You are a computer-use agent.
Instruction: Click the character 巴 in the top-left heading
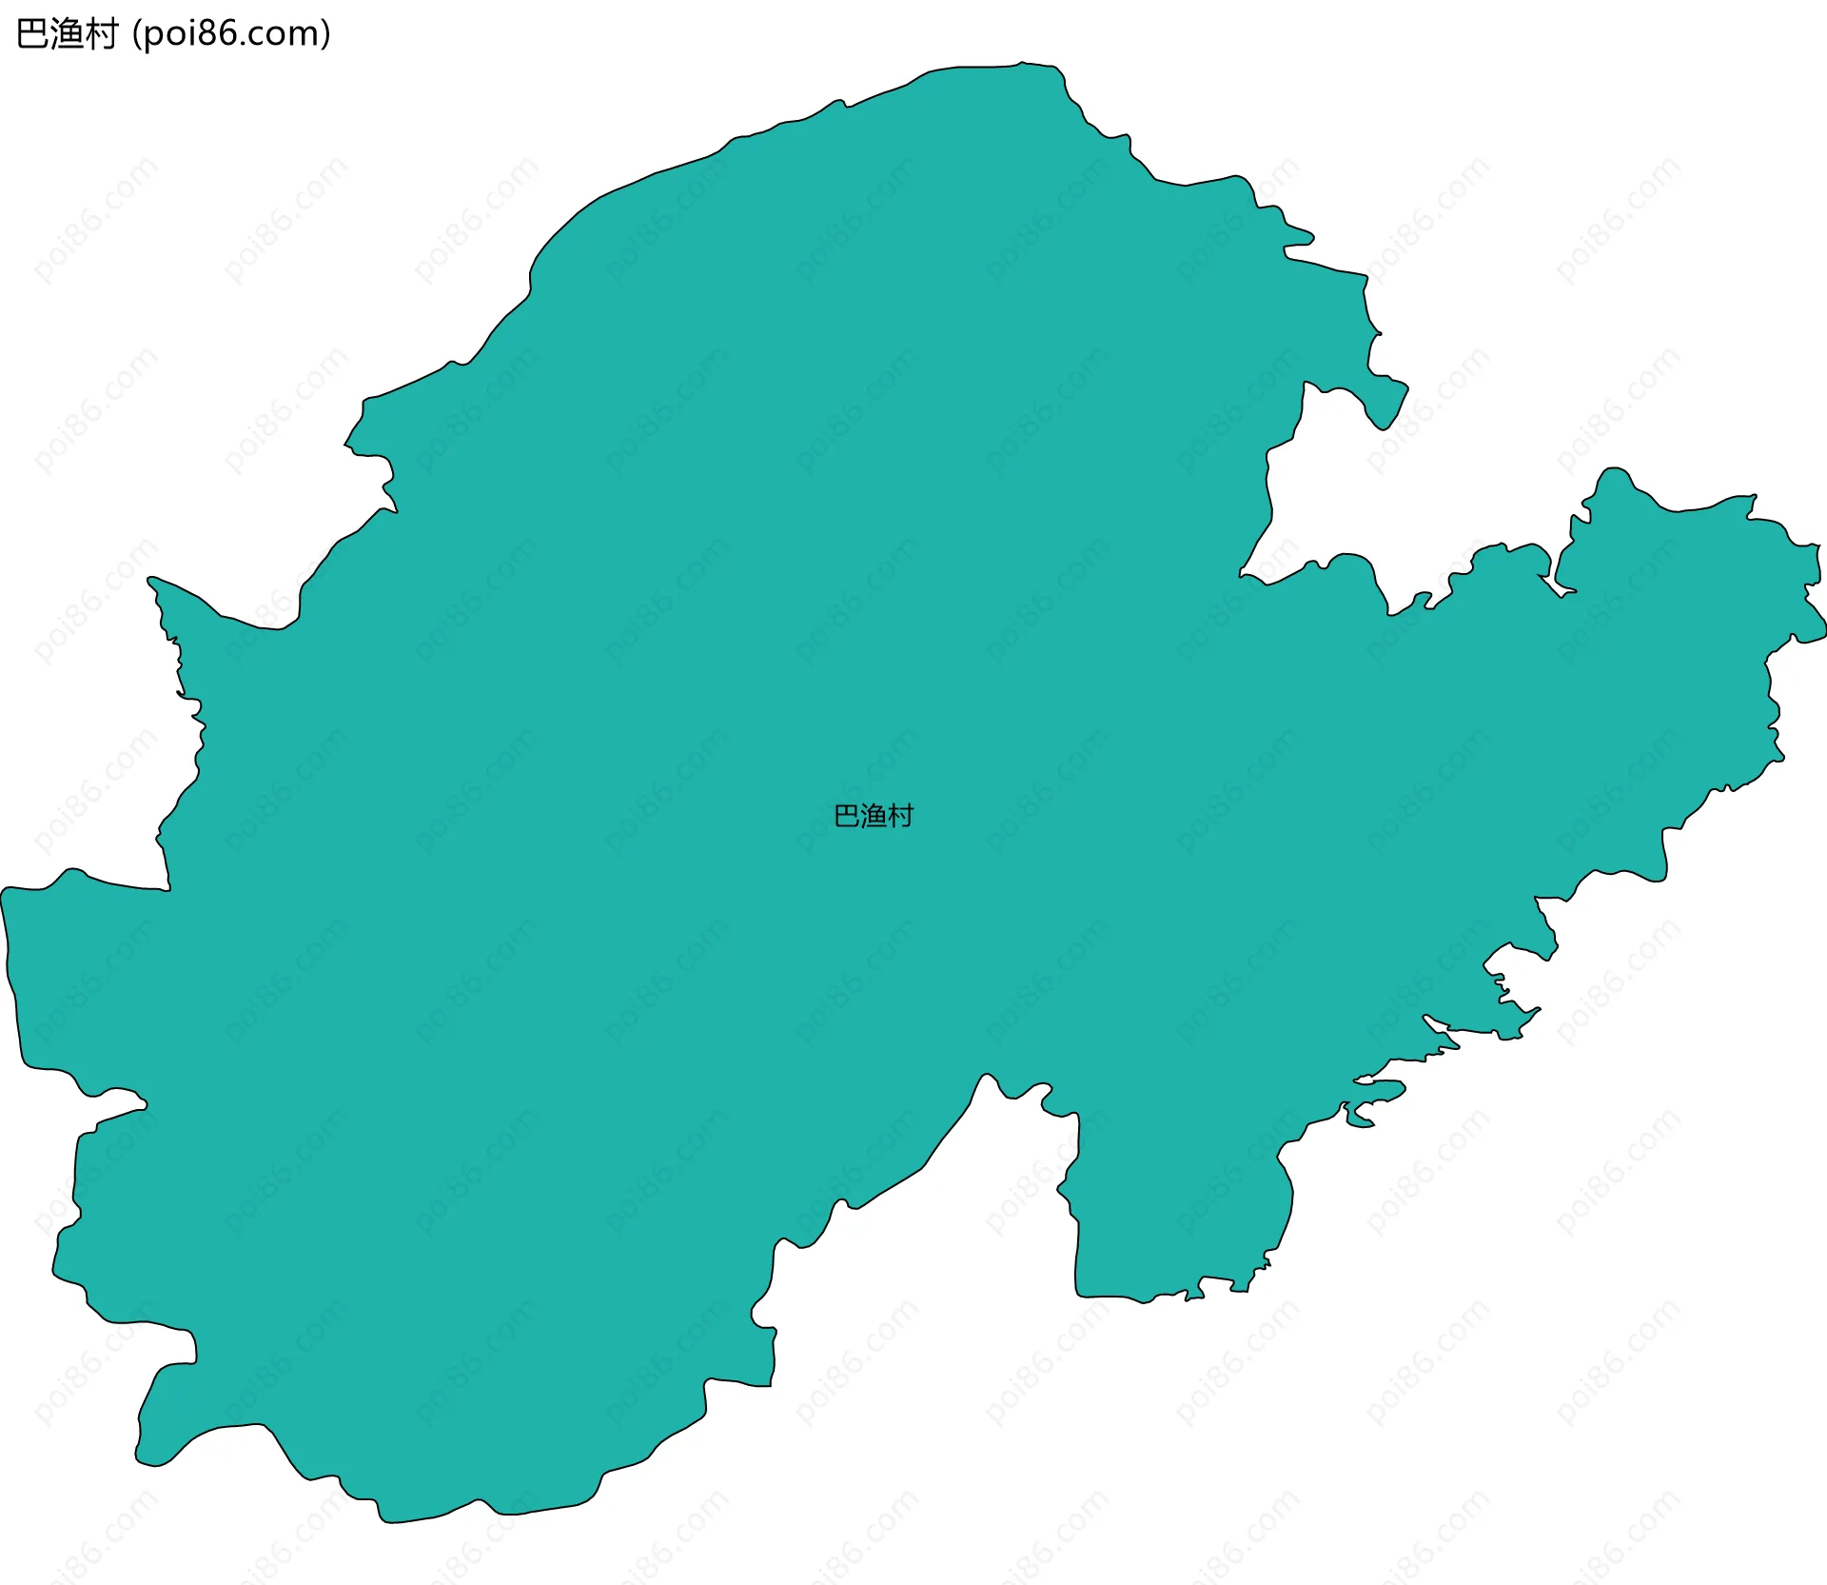(32, 34)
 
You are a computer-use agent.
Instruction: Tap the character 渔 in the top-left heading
(67, 34)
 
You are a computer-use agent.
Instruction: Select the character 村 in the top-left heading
(101, 34)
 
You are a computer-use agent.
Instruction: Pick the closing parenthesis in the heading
(326, 34)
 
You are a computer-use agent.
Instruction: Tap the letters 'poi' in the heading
(171, 34)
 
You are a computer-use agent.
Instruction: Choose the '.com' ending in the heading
(283, 34)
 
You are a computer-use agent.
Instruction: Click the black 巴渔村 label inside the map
(874, 816)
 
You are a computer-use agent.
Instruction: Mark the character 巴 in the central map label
(847, 816)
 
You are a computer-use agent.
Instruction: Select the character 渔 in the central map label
(874, 816)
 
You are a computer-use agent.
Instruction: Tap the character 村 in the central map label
(900, 816)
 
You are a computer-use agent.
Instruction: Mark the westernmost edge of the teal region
(2, 895)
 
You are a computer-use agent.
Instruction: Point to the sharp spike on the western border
(150, 578)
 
